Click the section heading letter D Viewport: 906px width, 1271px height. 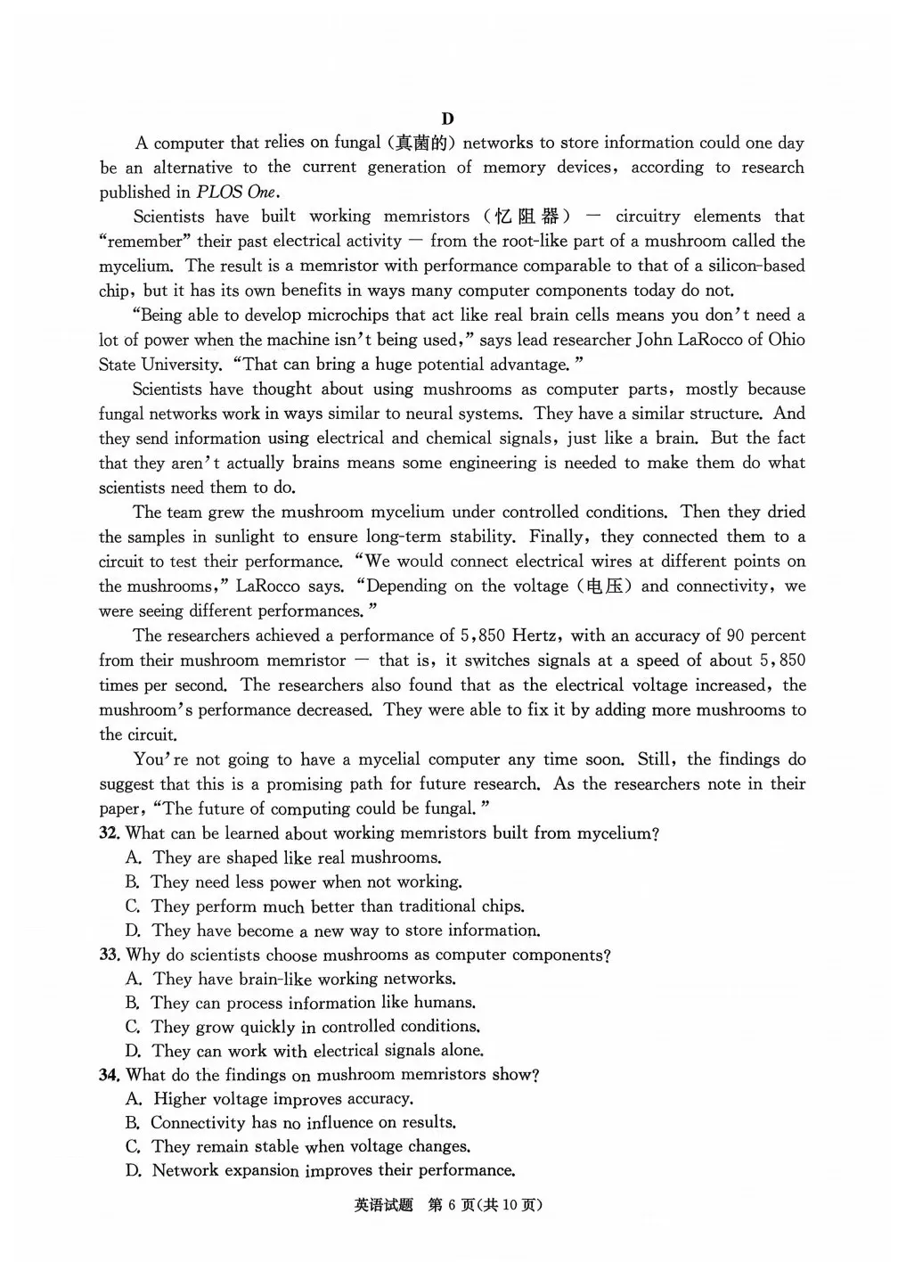(x=447, y=119)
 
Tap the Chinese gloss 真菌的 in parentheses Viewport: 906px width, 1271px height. (x=423, y=143)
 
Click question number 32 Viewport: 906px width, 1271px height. (x=110, y=834)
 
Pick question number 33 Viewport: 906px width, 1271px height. (x=110, y=955)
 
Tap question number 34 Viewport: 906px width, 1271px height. (x=110, y=1076)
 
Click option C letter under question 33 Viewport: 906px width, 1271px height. (x=133, y=1027)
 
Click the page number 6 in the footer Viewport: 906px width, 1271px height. (x=453, y=1205)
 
